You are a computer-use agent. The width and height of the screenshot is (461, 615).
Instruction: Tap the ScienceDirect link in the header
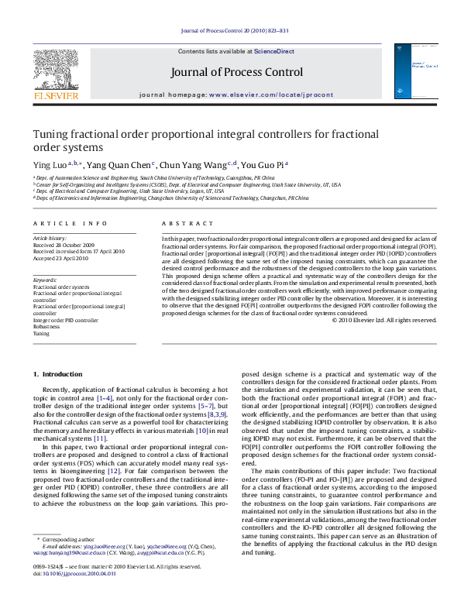[x=274, y=50]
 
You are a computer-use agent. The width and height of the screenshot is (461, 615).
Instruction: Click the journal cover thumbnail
[x=410, y=71]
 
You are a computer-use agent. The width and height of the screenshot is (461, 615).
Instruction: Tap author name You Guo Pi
[x=261, y=164]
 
